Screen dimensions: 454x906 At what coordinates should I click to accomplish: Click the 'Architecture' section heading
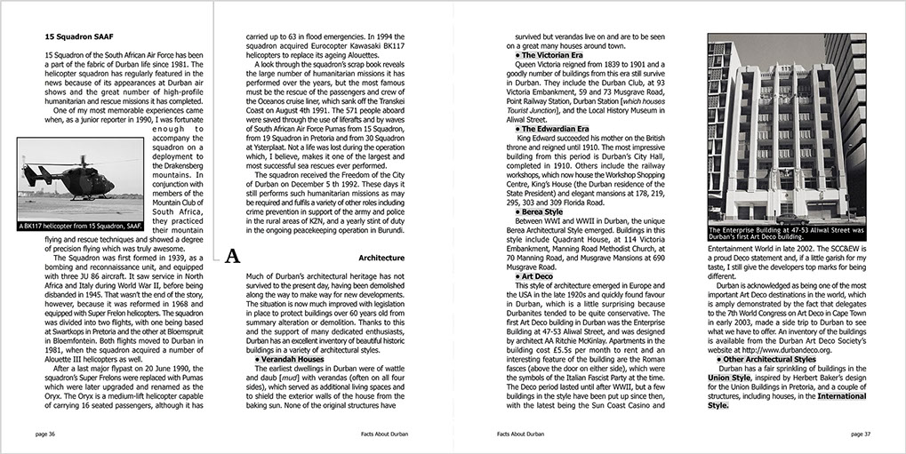click(x=381, y=258)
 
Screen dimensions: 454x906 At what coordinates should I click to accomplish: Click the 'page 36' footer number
click(x=45, y=434)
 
